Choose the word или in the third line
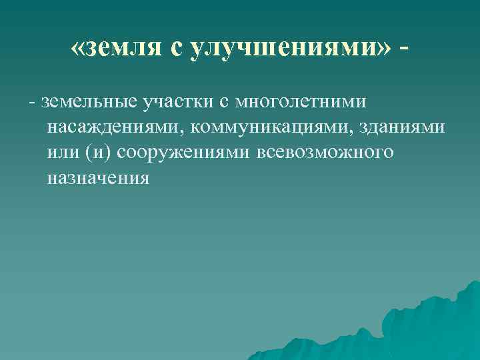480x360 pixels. click(x=64, y=152)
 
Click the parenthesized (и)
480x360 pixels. click(x=99, y=152)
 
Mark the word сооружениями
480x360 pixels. click(x=183, y=152)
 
